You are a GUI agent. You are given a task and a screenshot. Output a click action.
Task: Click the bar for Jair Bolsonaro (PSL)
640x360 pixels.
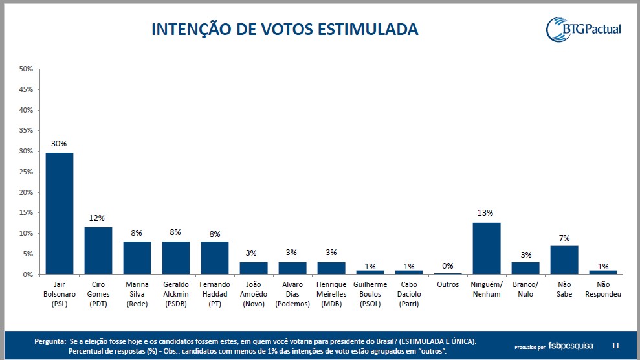pos(59,214)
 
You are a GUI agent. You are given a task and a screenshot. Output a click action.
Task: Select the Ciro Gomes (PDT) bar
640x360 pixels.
pos(98,251)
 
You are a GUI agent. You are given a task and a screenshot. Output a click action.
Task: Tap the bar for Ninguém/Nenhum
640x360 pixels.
pos(486,249)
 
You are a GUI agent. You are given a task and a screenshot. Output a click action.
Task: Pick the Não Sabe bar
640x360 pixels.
pos(564,260)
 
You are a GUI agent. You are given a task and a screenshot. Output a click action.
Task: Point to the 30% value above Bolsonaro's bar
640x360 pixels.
pos(59,144)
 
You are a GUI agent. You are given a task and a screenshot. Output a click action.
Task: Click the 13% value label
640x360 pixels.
pos(486,212)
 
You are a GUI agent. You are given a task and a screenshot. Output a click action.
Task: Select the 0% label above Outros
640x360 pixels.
pos(447,265)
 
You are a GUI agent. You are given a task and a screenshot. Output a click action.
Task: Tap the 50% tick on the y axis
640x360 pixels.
pos(27,69)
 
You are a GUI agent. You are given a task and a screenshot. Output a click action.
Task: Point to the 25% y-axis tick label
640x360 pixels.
pos(27,172)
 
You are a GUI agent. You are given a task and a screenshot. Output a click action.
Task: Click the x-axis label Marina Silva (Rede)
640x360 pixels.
pos(137,294)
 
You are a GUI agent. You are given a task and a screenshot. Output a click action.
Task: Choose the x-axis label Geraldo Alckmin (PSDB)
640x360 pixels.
pos(175,294)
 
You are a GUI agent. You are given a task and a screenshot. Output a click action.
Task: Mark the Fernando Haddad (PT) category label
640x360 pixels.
pos(214,294)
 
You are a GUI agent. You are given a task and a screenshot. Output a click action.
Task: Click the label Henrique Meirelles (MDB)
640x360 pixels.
pos(331,294)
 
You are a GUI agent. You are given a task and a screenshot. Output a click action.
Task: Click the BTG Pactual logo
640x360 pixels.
pos(584,29)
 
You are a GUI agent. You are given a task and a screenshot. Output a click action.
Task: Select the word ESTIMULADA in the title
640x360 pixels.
pos(363,29)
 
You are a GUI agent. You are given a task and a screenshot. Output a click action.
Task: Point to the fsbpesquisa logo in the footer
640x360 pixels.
pos(571,346)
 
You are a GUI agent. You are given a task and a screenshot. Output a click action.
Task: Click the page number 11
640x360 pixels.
pos(615,346)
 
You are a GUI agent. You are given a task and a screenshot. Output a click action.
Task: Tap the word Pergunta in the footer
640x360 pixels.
pos(50,341)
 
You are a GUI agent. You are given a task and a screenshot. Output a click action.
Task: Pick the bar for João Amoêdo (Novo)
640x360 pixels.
pos(253,268)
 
